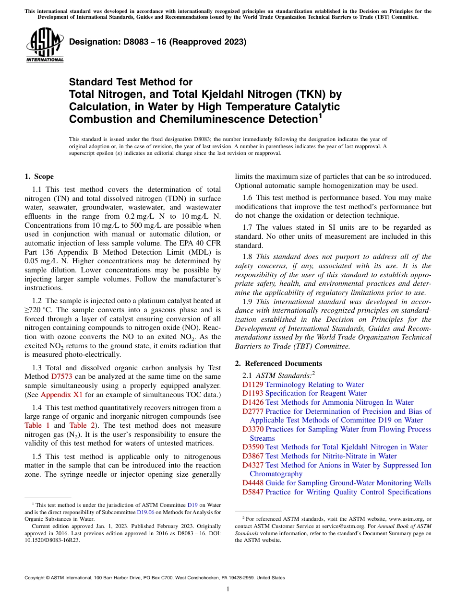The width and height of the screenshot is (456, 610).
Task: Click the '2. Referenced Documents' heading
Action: pos(278,363)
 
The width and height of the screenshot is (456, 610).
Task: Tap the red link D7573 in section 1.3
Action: pos(61,376)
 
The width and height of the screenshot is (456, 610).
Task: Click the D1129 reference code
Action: pos(252,385)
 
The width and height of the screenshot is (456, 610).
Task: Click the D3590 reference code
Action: pos(252,447)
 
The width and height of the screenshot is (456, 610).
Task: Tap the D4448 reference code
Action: pos(252,483)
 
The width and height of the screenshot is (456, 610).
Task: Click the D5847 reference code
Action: pos(252,492)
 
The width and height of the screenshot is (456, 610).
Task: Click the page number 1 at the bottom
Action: pos(228,589)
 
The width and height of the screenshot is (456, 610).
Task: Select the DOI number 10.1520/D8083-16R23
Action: pos(52,539)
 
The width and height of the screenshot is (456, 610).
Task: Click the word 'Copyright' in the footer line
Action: pos(35,578)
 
